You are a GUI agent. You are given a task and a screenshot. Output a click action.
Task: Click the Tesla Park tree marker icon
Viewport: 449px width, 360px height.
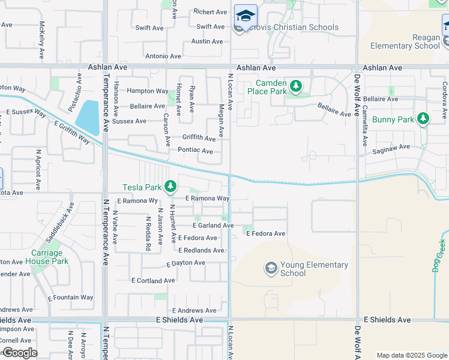pos(171,187)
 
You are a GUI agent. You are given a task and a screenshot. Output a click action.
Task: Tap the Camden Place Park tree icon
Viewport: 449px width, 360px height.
pos(295,87)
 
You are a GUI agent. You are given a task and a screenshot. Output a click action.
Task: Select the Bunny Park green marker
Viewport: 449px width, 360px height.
pos(423,119)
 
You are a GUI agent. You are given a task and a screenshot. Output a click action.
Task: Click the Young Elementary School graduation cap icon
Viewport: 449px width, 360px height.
pos(271,268)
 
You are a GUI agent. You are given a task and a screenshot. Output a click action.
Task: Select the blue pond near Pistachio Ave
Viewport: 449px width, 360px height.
pos(88,118)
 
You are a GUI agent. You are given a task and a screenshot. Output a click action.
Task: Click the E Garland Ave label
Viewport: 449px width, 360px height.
pos(212,226)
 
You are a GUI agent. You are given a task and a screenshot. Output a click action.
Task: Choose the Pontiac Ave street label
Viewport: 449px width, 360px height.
pos(196,151)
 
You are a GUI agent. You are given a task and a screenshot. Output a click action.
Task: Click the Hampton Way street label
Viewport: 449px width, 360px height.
pos(147,91)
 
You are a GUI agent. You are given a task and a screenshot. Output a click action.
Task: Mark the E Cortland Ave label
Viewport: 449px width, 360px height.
pos(154,280)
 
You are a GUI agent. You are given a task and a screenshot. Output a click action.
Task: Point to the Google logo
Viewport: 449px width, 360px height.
pos(19,353)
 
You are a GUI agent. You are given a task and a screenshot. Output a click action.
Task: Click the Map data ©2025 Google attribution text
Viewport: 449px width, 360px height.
pos(411,355)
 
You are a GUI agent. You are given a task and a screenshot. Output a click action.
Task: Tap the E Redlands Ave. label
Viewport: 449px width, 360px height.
pos(202,250)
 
